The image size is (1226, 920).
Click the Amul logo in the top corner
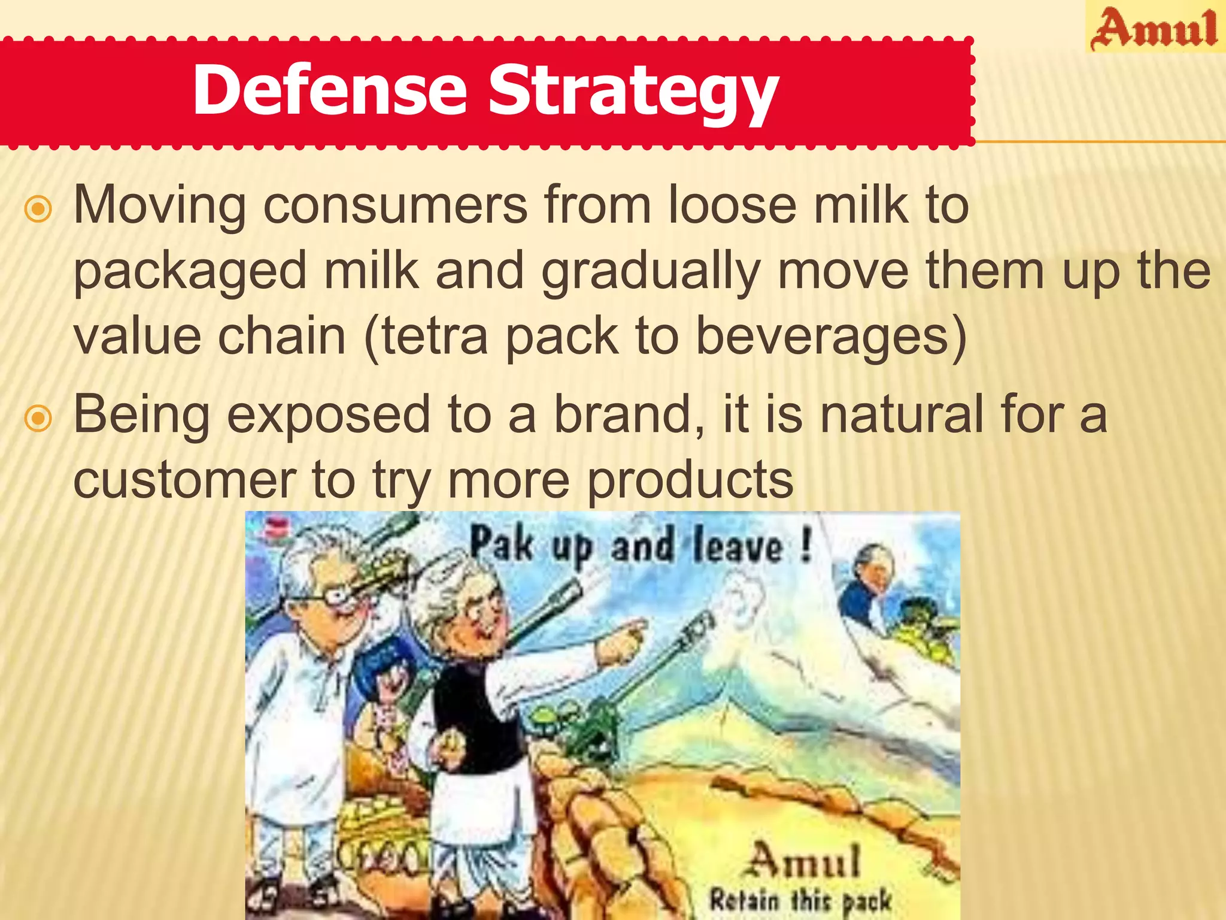1154,29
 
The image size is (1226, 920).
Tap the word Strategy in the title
633,93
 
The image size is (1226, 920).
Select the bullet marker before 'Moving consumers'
39,210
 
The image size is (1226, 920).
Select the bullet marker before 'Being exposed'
39,419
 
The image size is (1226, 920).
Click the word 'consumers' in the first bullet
395,205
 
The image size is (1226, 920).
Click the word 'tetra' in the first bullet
435,336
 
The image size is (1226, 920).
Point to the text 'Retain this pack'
800,900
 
